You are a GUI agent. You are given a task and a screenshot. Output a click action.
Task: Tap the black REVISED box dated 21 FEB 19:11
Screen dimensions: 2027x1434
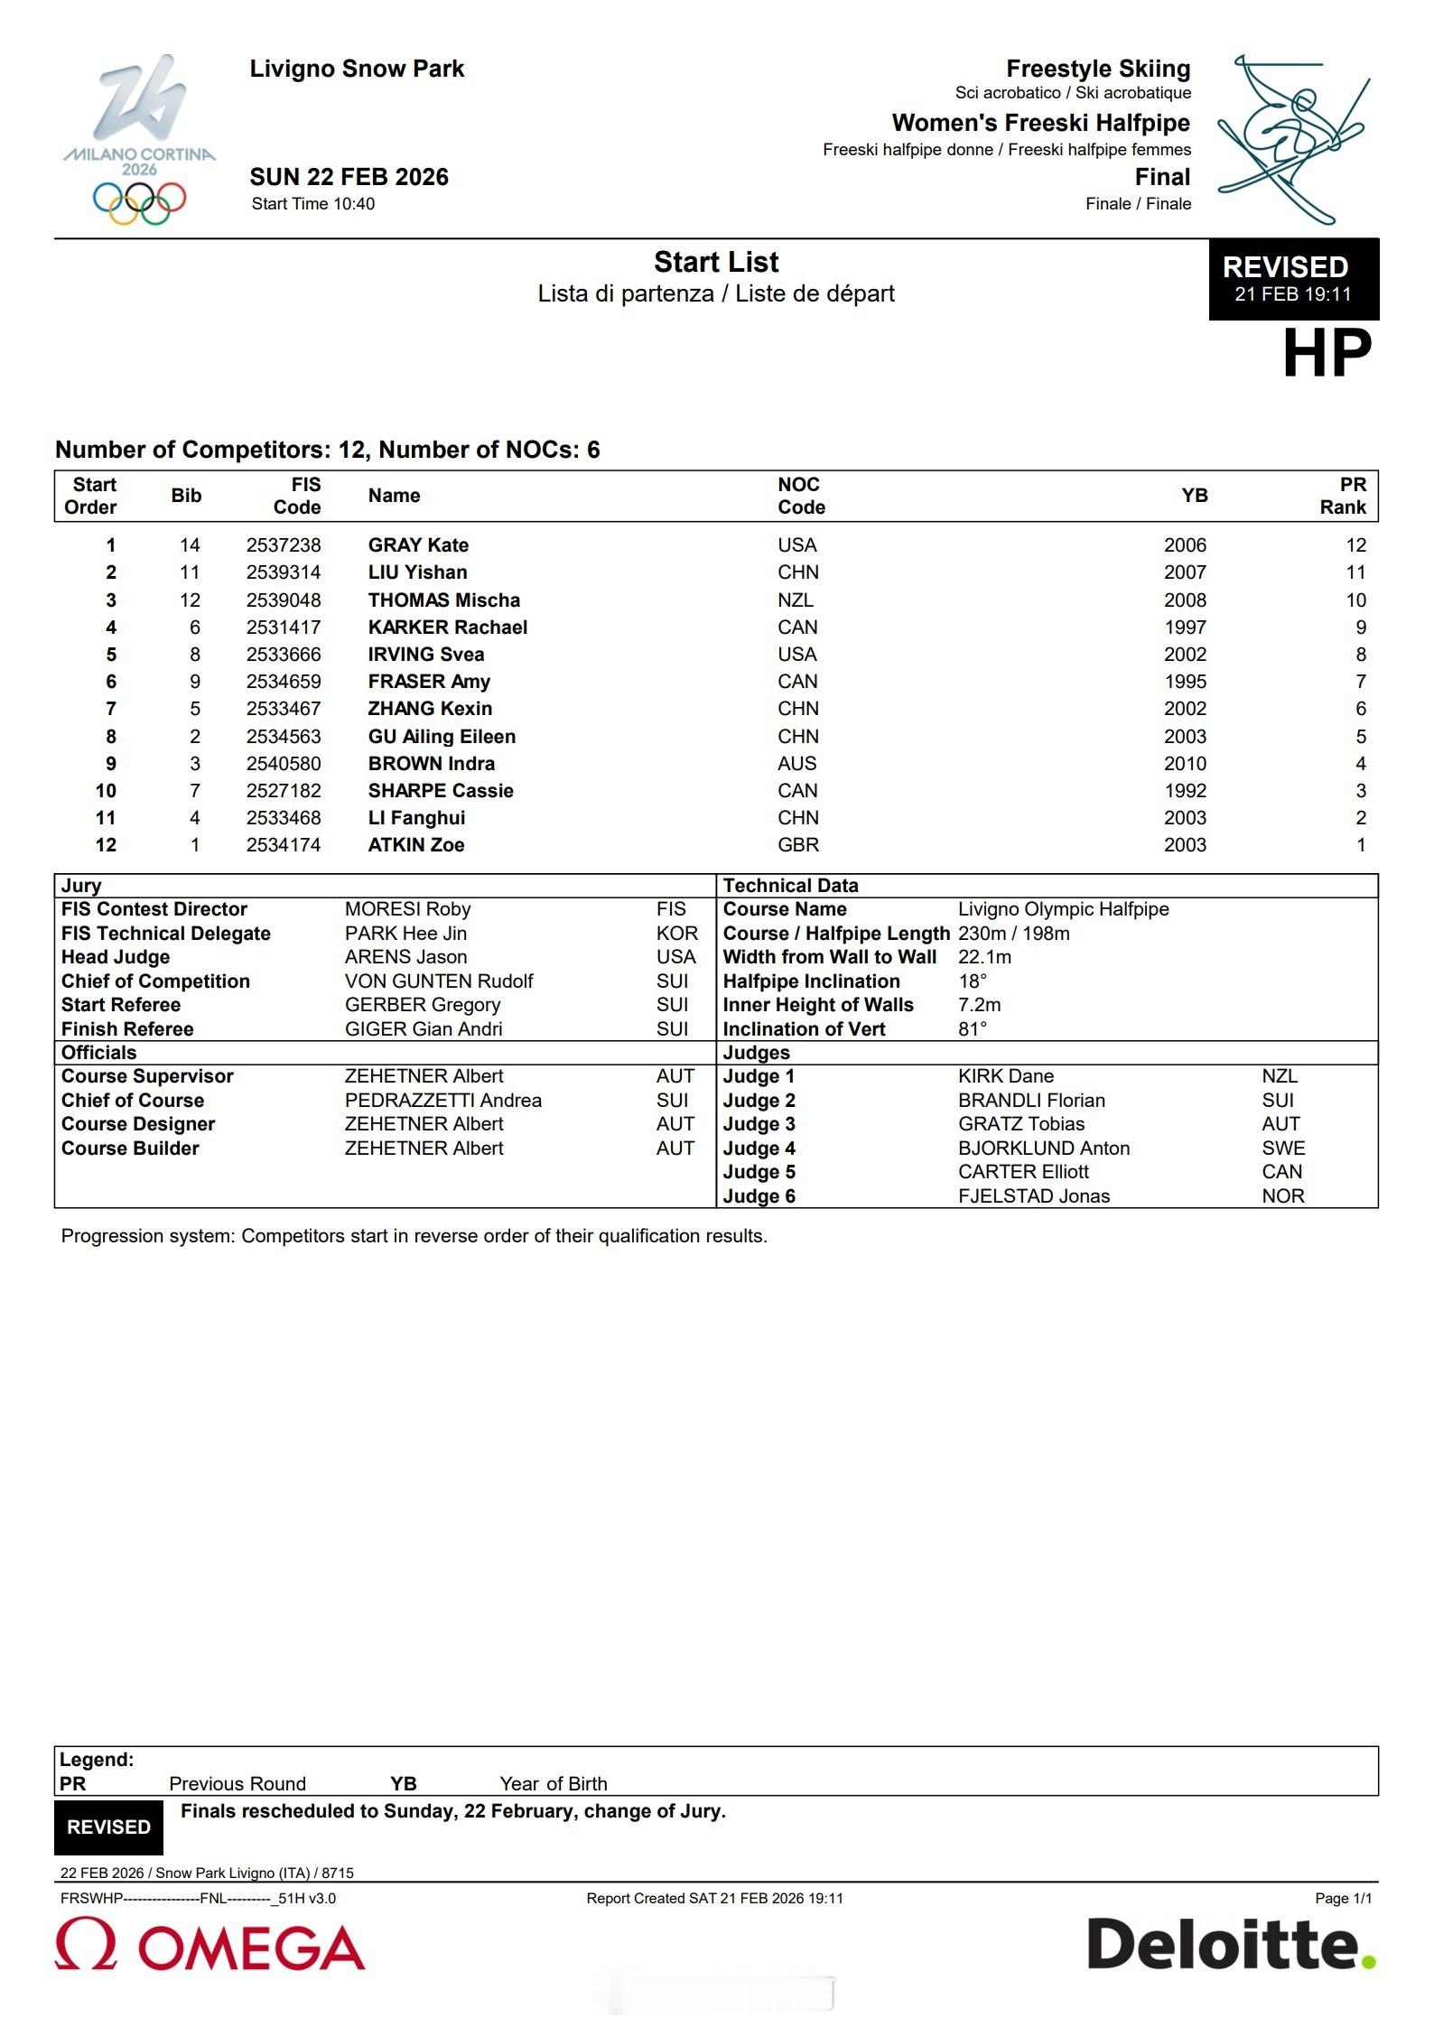click(x=1292, y=278)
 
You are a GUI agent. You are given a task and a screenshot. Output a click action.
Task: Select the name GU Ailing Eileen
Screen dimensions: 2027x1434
click(x=442, y=736)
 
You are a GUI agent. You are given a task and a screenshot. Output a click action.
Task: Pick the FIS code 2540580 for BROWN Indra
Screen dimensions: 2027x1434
click(x=284, y=763)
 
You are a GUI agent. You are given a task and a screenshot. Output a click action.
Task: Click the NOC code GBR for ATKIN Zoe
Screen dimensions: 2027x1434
click(x=798, y=844)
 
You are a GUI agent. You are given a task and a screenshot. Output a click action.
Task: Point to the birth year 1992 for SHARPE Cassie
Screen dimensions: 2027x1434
click(x=1185, y=790)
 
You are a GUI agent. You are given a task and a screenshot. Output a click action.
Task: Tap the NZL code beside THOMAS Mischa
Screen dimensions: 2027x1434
click(x=796, y=600)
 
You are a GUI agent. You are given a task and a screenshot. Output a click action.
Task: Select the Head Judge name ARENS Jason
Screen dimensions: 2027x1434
click(x=405, y=956)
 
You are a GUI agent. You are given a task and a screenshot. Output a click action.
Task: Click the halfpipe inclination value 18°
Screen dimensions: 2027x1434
click(x=973, y=981)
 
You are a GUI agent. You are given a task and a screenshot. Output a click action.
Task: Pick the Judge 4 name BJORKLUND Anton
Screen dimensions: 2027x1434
click(x=1044, y=1148)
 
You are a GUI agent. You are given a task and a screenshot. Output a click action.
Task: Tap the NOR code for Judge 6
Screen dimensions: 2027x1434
click(x=1283, y=1195)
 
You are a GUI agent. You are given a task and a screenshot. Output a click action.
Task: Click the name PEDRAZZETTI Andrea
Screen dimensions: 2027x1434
click(x=442, y=1100)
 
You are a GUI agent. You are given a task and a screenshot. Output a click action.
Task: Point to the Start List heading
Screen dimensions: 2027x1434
click(x=716, y=262)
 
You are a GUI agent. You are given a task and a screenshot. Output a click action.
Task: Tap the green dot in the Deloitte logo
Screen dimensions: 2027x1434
click(x=1369, y=1960)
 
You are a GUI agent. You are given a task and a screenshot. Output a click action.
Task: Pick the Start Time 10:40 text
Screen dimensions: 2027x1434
click(x=312, y=203)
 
